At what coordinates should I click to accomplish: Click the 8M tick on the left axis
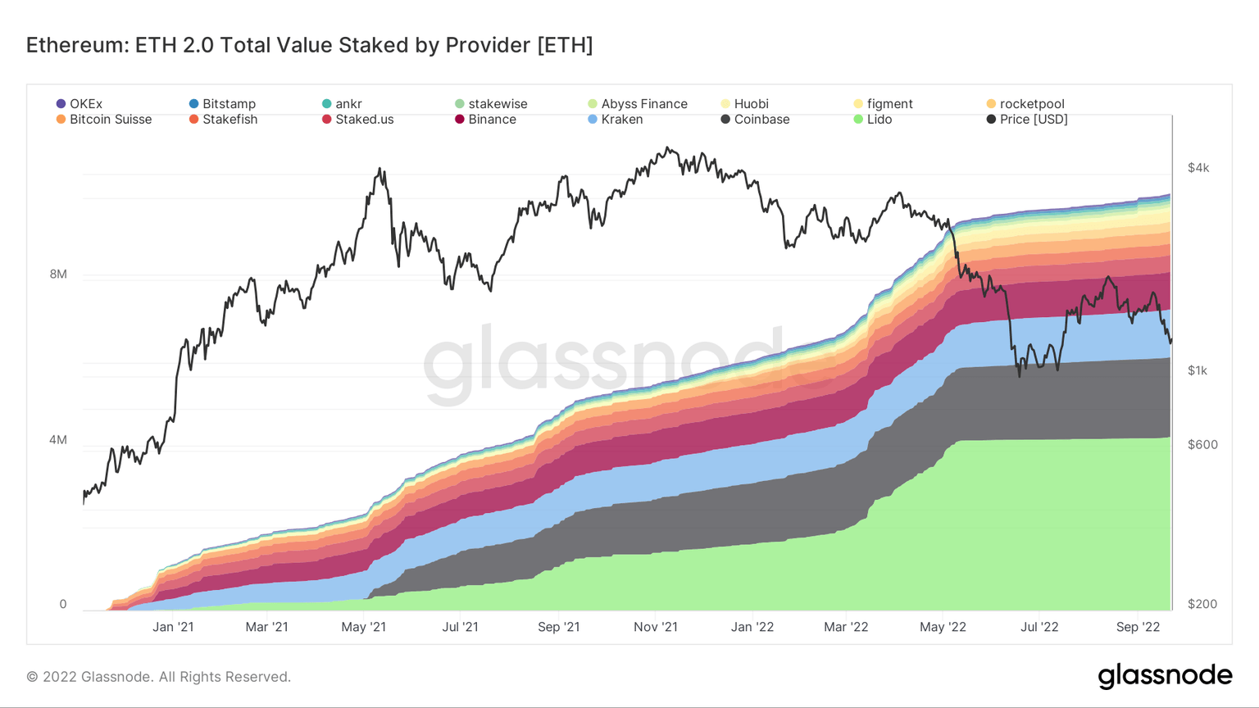(58, 275)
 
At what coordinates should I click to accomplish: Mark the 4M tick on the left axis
(58, 440)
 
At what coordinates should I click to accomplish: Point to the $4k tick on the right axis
(1198, 168)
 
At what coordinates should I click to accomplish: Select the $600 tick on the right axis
(1202, 445)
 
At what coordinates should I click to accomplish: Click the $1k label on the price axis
(1198, 370)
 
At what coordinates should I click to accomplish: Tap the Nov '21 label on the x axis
(656, 627)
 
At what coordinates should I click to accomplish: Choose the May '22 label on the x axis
(943, 627)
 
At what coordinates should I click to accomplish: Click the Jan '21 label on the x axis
(173, 627)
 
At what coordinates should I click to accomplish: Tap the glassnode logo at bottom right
(1165, 676)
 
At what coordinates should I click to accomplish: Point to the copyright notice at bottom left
(159, 677)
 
